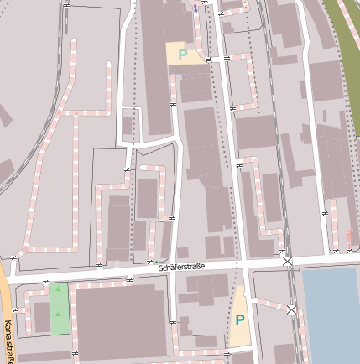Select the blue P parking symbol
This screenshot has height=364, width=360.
[239, 320]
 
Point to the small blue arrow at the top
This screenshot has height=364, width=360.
[196, 8]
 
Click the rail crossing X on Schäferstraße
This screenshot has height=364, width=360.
[288, 262]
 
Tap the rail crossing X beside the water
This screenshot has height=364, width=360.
[291, 310]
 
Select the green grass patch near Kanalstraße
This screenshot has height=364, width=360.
[59, 309]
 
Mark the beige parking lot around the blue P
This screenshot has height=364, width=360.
[239, 331]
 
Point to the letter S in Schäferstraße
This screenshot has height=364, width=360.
[161, 268]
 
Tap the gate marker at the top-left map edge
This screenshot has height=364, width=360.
[66, 4]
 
